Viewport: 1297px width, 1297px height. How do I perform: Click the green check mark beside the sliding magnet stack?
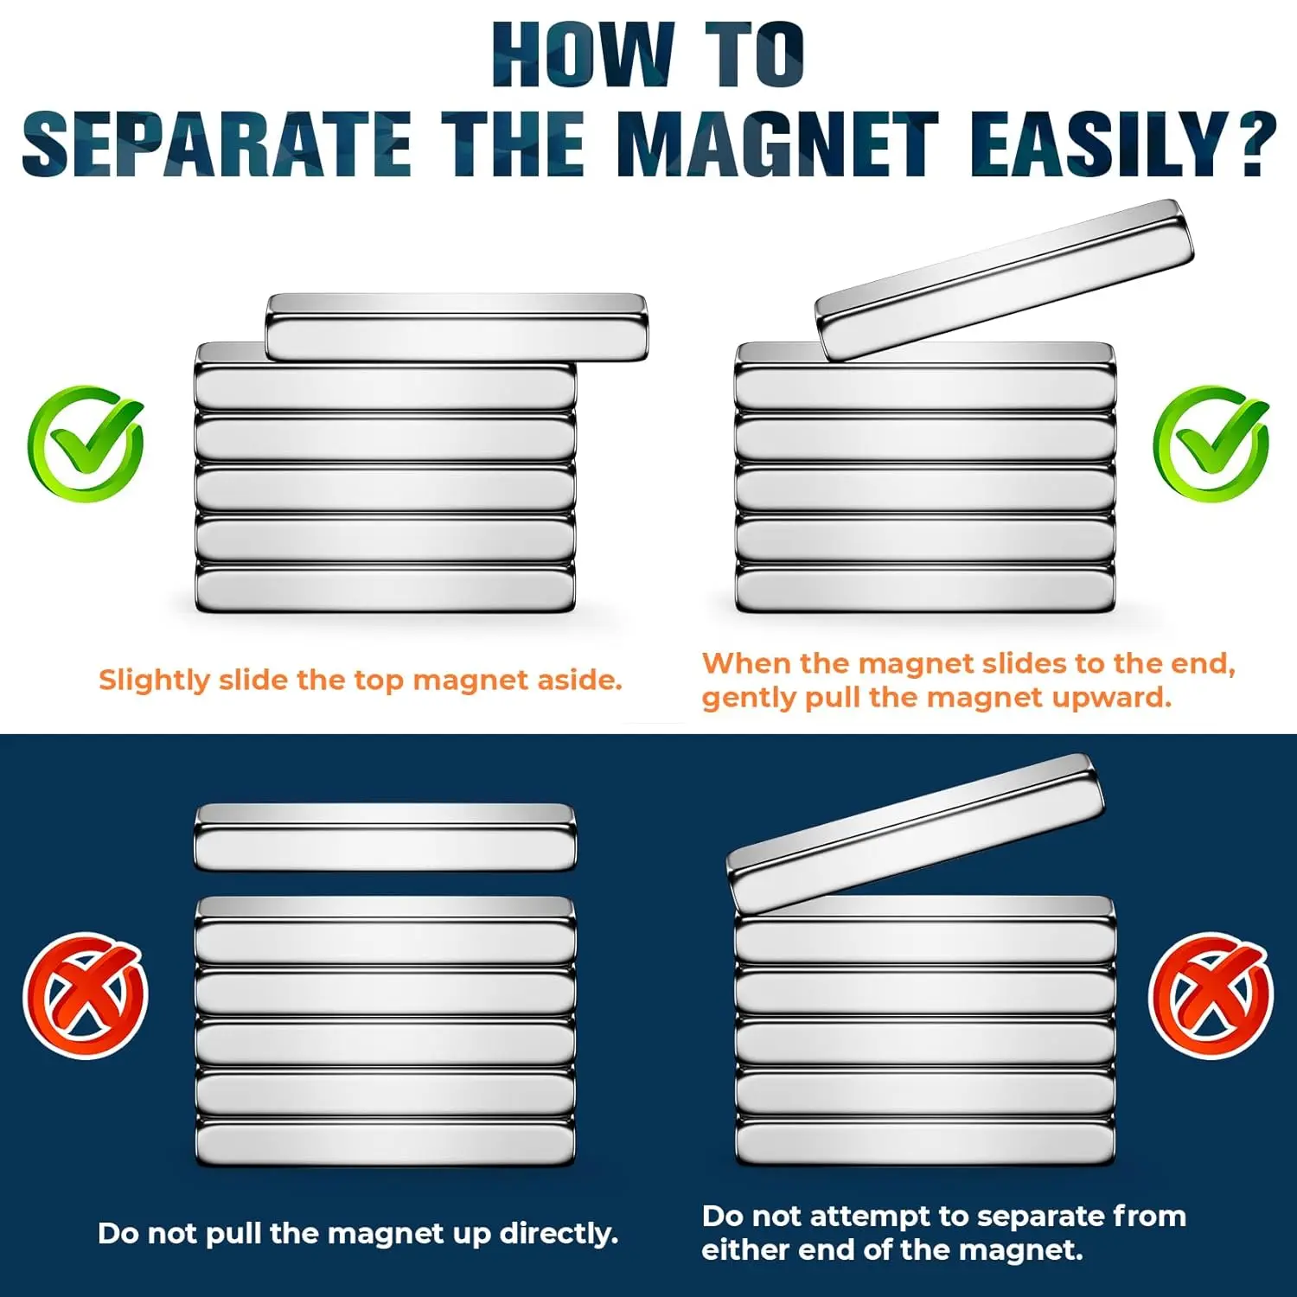(86, 443)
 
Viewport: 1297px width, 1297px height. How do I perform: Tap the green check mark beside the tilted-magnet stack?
(1211, 443)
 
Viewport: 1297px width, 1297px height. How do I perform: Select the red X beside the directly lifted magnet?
(86, 995)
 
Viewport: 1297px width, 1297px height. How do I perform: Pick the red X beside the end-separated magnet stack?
(1211, 995)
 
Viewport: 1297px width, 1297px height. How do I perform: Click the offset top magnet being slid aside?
(457, 327)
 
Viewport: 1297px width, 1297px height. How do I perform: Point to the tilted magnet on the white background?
(1005, 279)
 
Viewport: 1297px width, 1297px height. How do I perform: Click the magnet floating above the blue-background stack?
(385, 837)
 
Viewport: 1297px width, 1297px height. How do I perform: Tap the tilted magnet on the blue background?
(916, 834)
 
